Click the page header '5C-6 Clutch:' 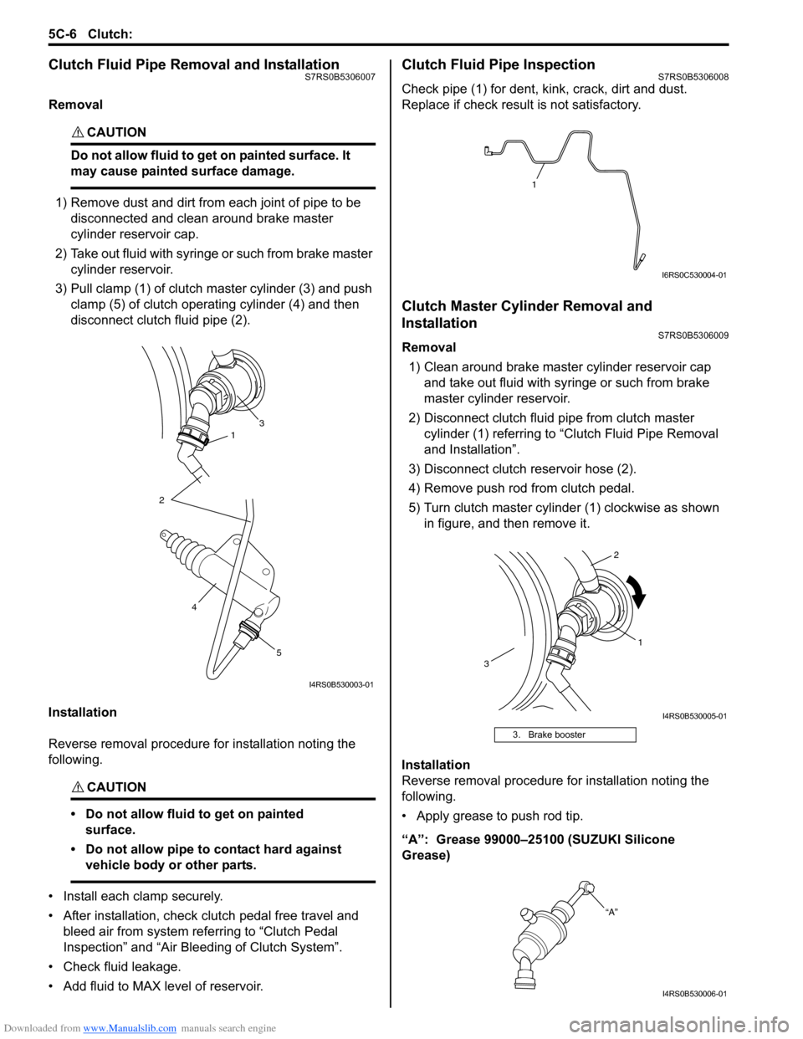tap(90, 34)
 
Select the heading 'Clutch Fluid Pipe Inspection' tap(499, 65)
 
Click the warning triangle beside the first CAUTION tap(78, 133)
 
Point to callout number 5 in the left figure tap(279, 653)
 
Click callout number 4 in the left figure tap(194, 607)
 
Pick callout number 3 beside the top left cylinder tap(262, 423)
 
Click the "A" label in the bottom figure tap(611, 912)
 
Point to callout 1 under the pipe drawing tap(534, 184)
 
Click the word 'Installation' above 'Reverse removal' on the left tap(83, 713)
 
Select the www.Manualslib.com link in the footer tap(130, 1028)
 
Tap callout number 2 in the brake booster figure tap(616, 555)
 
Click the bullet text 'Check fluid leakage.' tap(122, 967)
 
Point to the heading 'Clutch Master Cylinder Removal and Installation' tap(527, 315)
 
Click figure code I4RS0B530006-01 tap(694, 994)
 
